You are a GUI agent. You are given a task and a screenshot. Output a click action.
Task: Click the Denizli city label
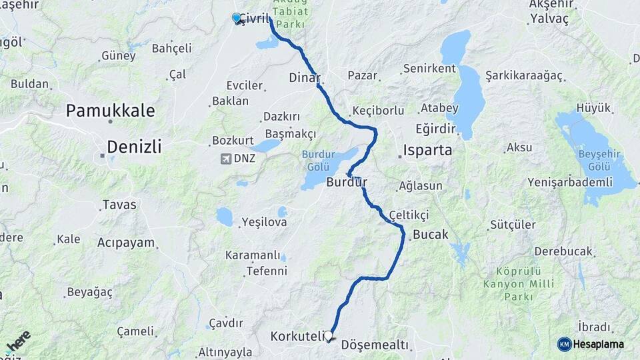point(134,147)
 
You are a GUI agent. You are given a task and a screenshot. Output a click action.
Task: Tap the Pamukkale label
point(110,111)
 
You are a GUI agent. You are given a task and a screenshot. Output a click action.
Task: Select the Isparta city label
point(427,149)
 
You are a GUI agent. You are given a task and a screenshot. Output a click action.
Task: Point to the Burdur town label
point(347,182)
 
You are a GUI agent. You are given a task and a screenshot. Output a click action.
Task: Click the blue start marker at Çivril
point(237,18)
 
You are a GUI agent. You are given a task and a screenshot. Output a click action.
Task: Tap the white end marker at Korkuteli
point(328,336)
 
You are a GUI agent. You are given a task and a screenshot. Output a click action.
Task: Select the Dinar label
point(305,77)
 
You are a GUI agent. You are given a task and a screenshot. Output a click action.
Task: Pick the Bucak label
point(430,235)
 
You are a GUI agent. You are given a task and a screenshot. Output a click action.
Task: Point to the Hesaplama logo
point(591,344)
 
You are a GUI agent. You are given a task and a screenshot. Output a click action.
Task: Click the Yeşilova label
point(264,222)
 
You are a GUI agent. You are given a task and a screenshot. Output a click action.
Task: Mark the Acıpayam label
point(126,243)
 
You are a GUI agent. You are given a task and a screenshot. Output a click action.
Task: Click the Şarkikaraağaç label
point(524,75)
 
